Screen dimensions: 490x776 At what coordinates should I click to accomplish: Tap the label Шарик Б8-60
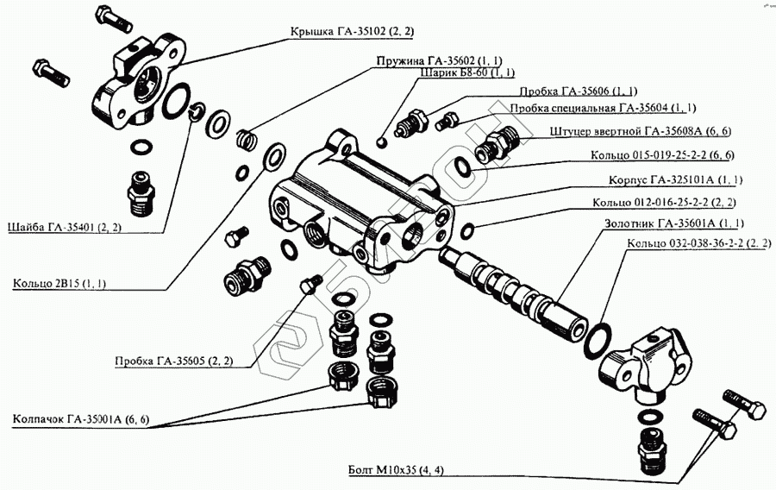pyautogui.click(x=467, y=73)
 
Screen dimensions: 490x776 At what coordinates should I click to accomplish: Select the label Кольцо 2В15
pyautogui.click(x=58, y=284)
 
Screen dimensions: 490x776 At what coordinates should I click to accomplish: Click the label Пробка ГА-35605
pyautogui.click(x=173, y=361)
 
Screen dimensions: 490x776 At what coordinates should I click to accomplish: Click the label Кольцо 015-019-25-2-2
pyautogui.click(x=662, y=155)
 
